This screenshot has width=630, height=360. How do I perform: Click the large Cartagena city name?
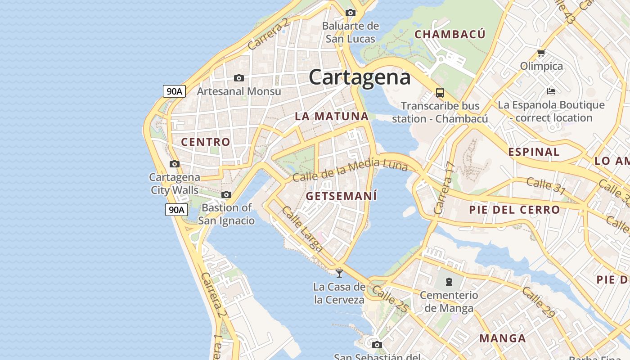pos(360,77)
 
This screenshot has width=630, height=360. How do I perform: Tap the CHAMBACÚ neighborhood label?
pos(450,35)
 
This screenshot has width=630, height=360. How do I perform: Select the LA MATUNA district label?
pos(332,116)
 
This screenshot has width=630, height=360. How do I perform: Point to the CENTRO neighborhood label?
pos(206,142)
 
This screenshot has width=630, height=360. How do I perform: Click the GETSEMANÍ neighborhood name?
pos(341,196)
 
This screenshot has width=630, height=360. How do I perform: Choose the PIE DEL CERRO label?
pos(514,210)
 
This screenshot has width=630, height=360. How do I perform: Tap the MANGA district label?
pos(502,338)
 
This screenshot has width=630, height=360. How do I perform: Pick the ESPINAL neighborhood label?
pos(534,152)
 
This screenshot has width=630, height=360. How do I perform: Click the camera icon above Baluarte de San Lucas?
pos(351,13)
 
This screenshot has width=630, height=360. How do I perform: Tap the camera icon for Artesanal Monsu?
pos(239,78)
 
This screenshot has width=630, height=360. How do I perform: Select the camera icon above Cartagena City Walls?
pos(175,164)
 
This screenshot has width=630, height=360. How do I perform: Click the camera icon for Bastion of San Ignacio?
pos(226,195)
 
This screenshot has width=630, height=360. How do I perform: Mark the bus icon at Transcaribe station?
pos(440,93)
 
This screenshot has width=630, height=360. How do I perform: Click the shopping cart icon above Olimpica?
pos(541,53)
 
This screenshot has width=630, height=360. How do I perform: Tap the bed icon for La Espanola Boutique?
pos(551,91)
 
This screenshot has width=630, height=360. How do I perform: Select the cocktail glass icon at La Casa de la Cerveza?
pos(339,273)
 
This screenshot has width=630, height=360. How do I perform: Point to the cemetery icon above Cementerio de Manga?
pos(449,282)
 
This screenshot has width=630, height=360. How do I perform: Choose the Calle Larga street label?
pos(302,229)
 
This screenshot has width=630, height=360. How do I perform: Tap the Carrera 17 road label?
pos(445,188)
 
